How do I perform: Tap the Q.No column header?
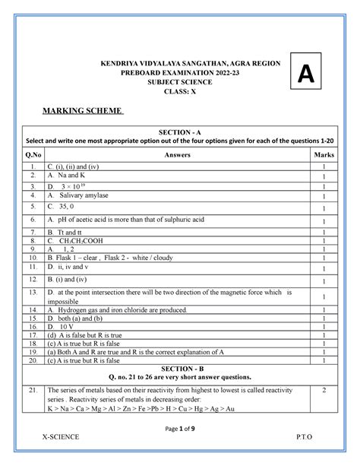[x=33, y=155]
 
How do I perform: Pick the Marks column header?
[x=323, y=155]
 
